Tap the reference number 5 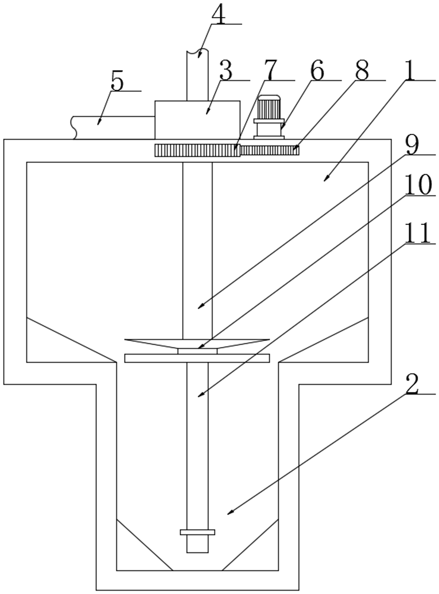point(117,81)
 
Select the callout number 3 point(226,70)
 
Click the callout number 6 point(317,70)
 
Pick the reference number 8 point(362,70)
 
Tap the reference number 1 point(410,70)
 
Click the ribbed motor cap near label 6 point(269,107)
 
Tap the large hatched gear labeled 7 point(197,150)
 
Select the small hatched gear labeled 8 point(269,150)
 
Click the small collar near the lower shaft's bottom point(197,532)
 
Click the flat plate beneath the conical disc point(197,358)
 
